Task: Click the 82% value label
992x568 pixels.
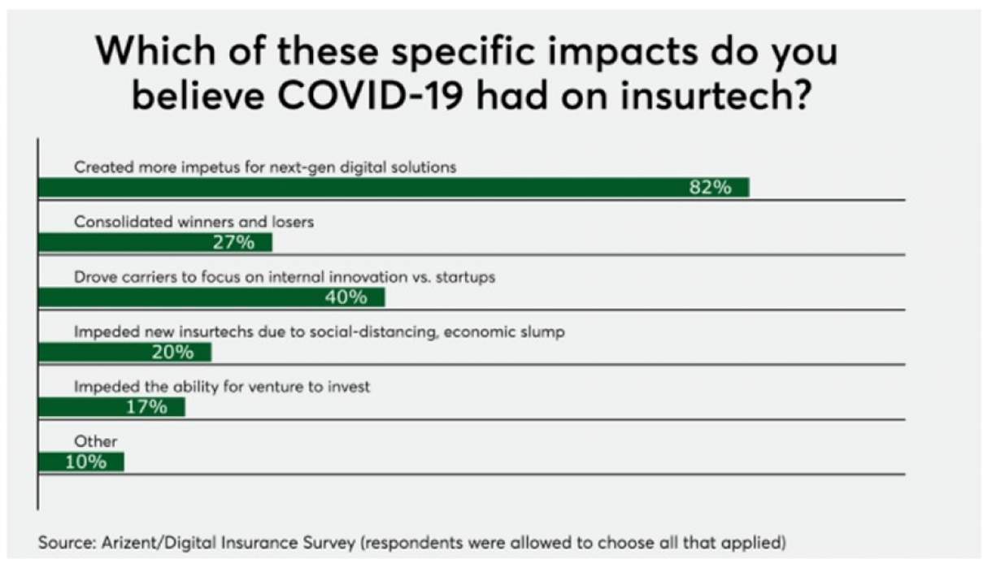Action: click(710, 188)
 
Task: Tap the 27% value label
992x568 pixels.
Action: click(234, 242)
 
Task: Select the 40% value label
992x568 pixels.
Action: click(346, 297)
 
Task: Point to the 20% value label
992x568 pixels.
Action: click(172, 352)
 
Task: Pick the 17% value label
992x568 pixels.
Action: click(146, 406)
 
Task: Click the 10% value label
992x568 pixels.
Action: click(85, 462)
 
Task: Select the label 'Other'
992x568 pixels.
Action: click(96, 441)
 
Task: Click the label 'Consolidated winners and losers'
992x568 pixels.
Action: click(194, 221)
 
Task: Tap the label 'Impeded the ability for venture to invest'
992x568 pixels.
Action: click(222, 387)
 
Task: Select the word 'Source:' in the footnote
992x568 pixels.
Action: click(64, 542)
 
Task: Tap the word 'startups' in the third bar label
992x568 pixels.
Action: click(464, 276)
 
